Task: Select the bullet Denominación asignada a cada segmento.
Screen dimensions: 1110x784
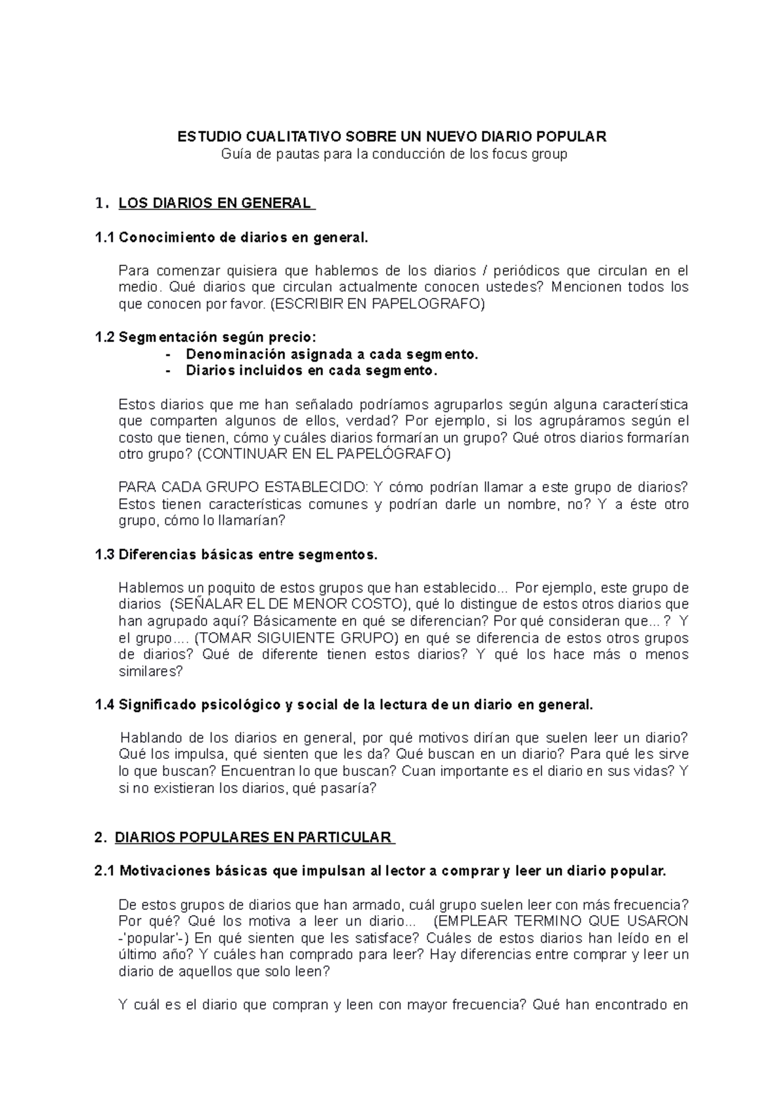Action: (332, 354)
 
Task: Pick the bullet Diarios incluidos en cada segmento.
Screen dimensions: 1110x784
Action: (311, 371)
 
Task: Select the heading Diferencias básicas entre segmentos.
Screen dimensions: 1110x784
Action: (248, 555)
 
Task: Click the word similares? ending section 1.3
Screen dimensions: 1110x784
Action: (150, 671)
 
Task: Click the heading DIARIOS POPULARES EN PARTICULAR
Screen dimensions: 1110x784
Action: (253, 838)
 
